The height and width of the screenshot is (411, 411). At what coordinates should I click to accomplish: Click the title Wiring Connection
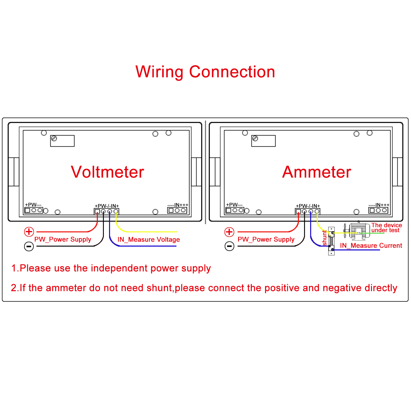click(205, 72)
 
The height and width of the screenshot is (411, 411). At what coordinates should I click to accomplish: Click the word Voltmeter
click(107, 172)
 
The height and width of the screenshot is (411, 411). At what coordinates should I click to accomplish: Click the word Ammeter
click(316, 172)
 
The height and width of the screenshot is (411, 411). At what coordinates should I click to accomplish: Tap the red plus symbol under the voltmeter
click(29, 232)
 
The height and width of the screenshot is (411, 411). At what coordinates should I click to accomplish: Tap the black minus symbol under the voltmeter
click(29, 246)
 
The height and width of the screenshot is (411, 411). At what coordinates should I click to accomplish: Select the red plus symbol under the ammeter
click(229, 232)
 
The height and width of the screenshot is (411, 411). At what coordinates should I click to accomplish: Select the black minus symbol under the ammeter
click(229, 246)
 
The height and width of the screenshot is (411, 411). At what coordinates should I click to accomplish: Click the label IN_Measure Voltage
click(149, 239)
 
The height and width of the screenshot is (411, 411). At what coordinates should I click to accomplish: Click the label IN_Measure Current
click(371, 246)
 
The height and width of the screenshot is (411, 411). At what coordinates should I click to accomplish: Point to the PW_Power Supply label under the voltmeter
click(63, 239)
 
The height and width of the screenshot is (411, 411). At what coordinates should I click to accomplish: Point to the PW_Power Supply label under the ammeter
click(266, 239)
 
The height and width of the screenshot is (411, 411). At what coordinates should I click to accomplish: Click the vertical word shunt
click(325, 238)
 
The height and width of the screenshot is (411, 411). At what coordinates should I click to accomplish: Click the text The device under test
click(386, 228)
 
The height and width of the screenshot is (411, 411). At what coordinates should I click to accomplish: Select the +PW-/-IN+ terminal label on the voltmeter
click(107, 206)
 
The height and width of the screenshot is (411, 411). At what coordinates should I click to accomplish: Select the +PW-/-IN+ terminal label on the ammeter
click(308, 206)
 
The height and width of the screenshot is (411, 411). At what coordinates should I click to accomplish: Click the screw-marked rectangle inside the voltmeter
click(62, 141)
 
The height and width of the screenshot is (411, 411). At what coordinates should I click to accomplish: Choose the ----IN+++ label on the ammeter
click(379, 205)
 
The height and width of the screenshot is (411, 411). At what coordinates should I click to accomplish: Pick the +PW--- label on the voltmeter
click(33, 205)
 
